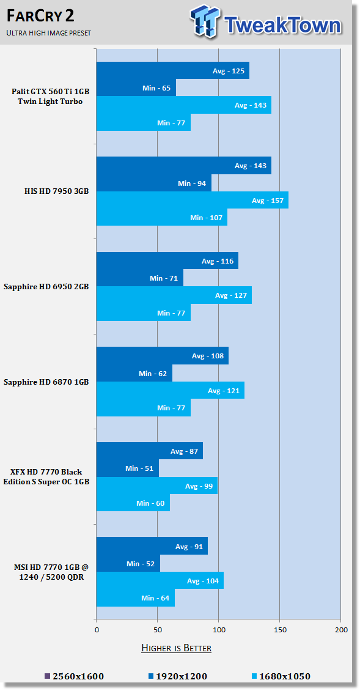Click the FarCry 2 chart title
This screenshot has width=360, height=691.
coord(40,16)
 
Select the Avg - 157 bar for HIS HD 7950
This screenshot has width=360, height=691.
coord(193,200)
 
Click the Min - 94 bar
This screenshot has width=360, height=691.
coord(154,183)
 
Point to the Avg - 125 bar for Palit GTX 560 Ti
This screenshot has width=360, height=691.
coord(173,70)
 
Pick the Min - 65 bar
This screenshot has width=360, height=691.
coord(136,87)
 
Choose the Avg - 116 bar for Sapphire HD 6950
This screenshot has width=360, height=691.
coord(167,261)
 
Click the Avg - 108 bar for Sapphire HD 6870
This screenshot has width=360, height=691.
coord(163,356)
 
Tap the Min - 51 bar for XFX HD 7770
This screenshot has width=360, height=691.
coord(128,468)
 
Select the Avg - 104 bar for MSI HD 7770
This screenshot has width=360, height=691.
coord(160,580)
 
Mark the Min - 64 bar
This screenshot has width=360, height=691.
coord(136,597)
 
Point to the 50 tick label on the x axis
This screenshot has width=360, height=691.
coord(157,630)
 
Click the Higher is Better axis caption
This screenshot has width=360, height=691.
coord(176,648)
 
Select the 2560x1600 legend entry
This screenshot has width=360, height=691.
coord(75,676)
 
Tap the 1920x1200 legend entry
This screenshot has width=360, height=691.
coord(178,676)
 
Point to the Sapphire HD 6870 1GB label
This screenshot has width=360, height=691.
coord(46,382)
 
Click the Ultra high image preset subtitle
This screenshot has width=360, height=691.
coord(49,33)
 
